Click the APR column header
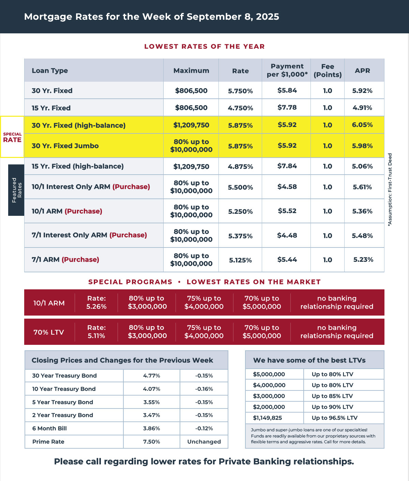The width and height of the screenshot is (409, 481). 362,70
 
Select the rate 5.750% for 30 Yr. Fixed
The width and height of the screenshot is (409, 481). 240,91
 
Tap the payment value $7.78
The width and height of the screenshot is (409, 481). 287,108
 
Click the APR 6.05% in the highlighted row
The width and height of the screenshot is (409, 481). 362,125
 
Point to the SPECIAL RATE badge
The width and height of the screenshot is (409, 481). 12,137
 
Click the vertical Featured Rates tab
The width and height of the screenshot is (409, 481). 16,190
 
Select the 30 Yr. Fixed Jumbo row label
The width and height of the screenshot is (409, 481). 65,146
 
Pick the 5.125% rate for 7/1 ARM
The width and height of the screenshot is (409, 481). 240,260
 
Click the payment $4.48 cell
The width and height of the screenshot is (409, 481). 287,235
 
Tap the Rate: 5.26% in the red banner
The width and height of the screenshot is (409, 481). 96,302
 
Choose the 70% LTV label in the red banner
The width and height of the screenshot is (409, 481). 49,332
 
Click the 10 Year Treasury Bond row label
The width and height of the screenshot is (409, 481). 64,389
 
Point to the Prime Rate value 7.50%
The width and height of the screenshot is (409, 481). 152,442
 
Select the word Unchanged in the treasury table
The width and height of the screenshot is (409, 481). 204,442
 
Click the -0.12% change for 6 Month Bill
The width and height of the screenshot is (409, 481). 204,428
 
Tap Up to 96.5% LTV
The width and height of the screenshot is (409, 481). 334,418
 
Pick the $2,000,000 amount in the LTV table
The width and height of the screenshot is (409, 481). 269,407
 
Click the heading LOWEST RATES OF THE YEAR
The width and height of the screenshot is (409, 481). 204,47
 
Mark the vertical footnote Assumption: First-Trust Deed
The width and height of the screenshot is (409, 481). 390,189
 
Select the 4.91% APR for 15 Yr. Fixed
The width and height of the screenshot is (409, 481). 362,108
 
